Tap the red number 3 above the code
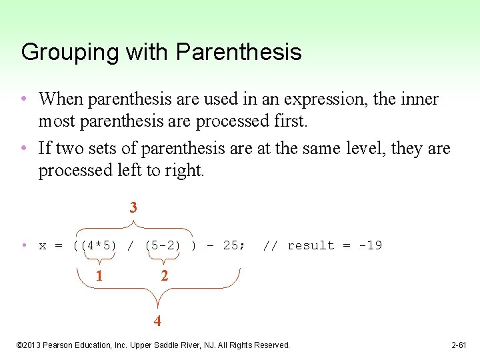pyautogui.click(x=133, y=207)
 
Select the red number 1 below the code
pyautogui.click(x=99, y=275)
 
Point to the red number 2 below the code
pyautogui.click(x=164, y=275)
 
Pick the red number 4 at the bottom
pyautogui.click(x=157, y=321)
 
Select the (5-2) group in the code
pyautogui.click(x=163, y=245)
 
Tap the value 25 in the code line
pyautogui.click(x=231, y=245)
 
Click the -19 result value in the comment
pyautogui.click(x=370, y=245)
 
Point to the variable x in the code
pyautogui.click(x=43, y=245)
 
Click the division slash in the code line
pyautogui.click(x=131, y=245)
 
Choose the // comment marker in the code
pyautogui.click(x=270, y=245)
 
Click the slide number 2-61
pyautogui.click(x=459, y=345)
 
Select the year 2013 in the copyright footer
pyautogui.click(x=33, y=345)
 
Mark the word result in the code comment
pyautogui.click(x=311, y=245)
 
